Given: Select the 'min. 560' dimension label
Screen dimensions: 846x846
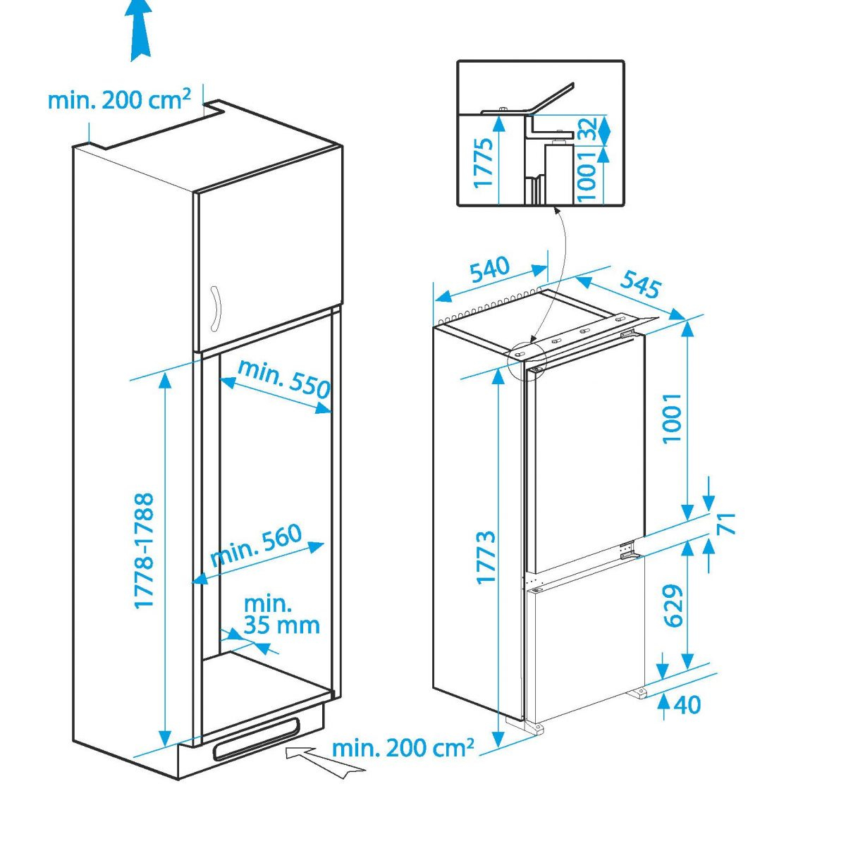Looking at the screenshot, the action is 257,545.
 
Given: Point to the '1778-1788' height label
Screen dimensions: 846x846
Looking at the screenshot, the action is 145,551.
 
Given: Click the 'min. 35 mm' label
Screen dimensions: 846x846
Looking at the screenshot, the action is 281,615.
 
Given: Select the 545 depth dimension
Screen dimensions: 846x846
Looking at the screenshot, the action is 640,283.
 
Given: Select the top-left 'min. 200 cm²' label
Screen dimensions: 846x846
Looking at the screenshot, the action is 119,99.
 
